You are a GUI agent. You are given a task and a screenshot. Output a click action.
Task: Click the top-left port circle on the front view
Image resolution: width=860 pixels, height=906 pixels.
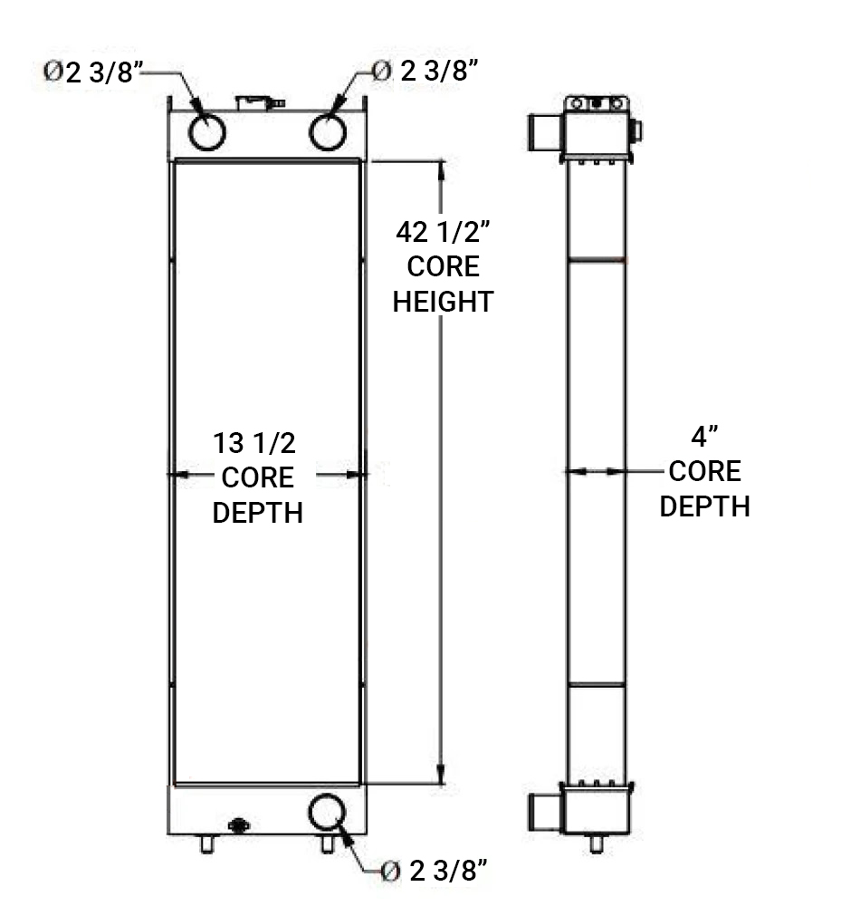coord(207,132)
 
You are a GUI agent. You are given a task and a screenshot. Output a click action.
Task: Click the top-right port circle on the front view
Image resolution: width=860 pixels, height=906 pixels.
coord(328,132)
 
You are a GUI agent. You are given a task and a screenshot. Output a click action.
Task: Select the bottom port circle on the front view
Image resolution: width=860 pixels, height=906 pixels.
coord(327,811)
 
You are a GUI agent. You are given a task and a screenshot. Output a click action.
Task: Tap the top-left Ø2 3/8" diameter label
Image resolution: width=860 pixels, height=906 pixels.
coord(94,72)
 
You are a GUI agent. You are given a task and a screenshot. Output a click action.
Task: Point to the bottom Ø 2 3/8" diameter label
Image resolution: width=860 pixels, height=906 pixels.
coord(435,872)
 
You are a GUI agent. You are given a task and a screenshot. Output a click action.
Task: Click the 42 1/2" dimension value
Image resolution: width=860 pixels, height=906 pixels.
coord(443,232)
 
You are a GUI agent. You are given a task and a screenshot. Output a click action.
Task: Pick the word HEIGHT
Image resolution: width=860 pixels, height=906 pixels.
coord(443,301)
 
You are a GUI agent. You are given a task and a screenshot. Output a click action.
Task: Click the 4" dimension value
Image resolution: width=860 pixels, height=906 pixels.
coord(704,438)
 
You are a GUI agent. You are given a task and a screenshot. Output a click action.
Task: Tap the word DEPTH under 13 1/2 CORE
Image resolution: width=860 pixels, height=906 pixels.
coord(257,512)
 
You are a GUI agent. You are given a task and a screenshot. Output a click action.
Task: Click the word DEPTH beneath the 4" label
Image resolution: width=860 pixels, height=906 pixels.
coord(704,506)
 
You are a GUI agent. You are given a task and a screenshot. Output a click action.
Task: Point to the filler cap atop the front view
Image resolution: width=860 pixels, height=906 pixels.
coord(257,101)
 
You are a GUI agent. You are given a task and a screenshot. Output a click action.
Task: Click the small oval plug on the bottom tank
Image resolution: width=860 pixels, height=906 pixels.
coord(239,825)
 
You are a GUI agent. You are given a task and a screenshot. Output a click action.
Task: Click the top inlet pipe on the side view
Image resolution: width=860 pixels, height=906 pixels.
coord(544,132)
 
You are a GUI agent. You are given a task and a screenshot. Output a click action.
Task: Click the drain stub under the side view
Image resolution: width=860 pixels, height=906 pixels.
coord(596,843)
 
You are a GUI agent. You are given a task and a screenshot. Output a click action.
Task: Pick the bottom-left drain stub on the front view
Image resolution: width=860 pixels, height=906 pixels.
coord(207,844)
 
